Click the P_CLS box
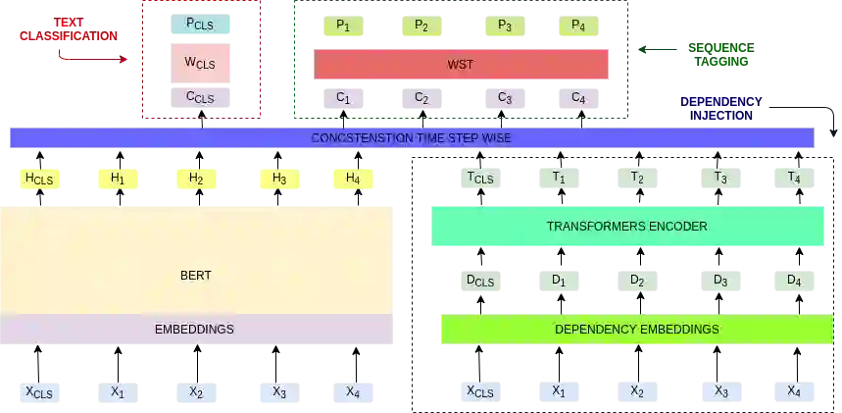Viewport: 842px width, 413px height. pos(200,24)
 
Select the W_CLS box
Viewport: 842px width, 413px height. pos(200,63)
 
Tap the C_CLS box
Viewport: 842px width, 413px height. pos(200,97)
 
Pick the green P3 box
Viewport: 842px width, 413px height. pos(502,27)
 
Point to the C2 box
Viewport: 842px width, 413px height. pos(421,98)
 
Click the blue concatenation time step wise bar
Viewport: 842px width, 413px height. pos(411,138)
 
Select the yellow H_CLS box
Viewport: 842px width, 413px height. pos(39,179)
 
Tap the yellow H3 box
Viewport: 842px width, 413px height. pos(279,179)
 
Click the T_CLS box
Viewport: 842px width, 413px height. pos(479,178)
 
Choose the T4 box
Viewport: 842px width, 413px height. pos(794,178)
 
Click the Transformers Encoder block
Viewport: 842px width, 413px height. pos(626,227)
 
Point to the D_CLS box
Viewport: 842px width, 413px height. pos(479,282)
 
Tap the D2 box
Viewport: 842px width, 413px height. pos(637,282)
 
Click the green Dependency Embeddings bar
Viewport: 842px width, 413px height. pos(636,330)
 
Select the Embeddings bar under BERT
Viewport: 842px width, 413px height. pos(195,330)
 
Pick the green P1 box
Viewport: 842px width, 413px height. pos(343,27)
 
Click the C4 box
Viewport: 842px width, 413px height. pos(578,98)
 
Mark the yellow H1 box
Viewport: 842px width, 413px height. pos(118,179)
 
